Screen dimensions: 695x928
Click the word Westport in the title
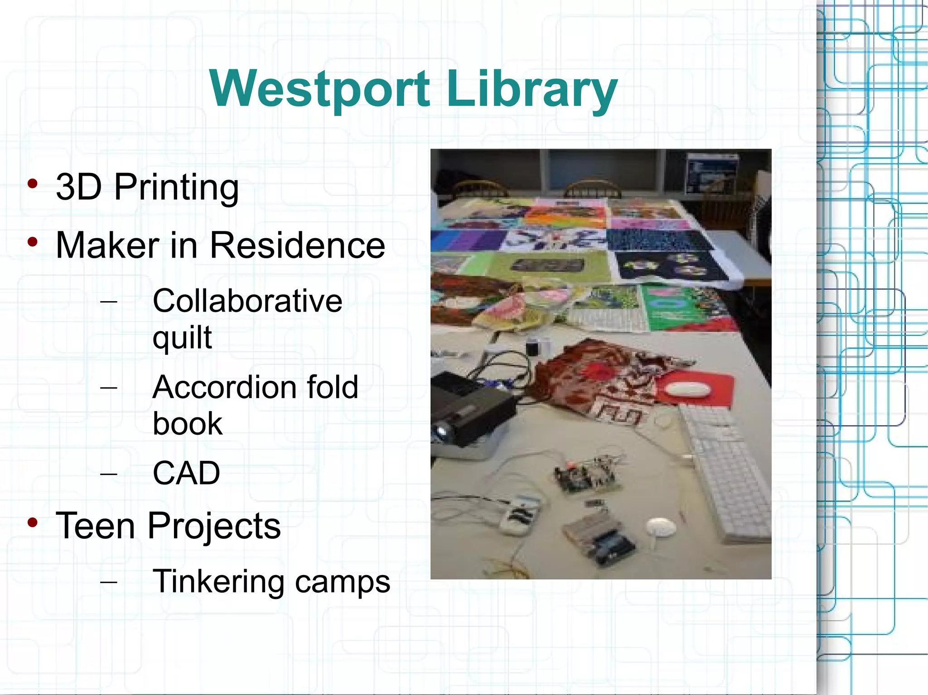click(319, 89)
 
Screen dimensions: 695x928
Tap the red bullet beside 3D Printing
click(32, 184)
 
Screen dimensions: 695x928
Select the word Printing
click(176, 187)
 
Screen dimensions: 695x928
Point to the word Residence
click(297, 246)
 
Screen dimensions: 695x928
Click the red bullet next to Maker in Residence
click(32, 242)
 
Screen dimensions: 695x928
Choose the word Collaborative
click(247, 301)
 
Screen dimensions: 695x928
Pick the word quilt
click(182, 337)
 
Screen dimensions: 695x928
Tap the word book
click(188, 424)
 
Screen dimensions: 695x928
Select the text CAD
click(186, 473)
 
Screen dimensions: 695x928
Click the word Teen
click(95, 526)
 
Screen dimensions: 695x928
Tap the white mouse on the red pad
click(687, 389)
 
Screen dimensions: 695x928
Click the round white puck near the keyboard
click(661, 527)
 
